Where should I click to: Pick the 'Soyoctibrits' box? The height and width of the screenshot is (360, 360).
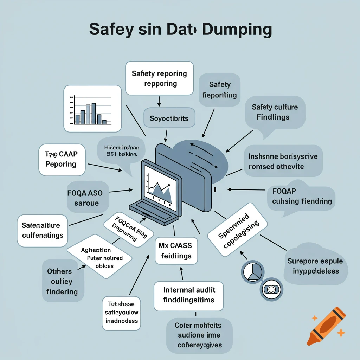(169, 118)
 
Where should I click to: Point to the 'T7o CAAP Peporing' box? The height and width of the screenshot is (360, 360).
(62, 159)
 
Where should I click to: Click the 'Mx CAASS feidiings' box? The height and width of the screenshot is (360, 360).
(176, 250)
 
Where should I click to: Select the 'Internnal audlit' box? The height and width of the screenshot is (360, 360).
(188, 296)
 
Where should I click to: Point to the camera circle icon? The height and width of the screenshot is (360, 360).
(271, 289)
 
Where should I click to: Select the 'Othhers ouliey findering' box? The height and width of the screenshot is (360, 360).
(60, 281)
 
